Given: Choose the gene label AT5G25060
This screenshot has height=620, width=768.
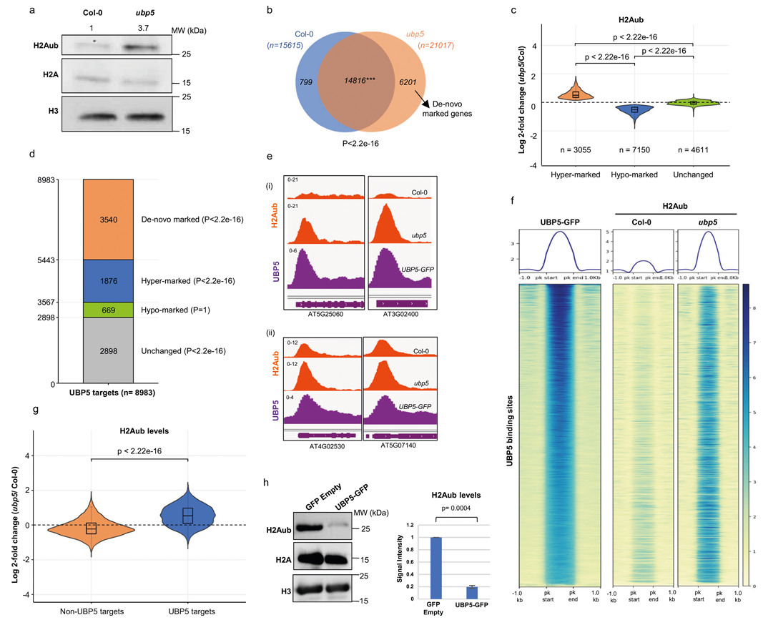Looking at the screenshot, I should click(325, 304).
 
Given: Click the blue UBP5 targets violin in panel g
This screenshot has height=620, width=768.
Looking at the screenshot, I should click(187, 516).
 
